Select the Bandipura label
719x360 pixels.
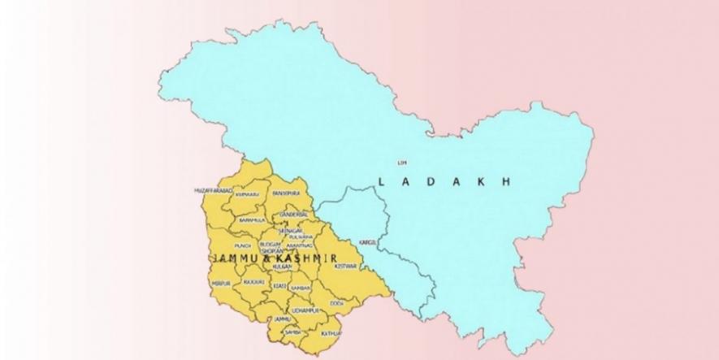[x=287, y=193]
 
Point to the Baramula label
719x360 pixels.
[x=252, y=220]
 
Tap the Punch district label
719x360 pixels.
[x=241, y=244]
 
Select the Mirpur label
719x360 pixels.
[x=222, y=282]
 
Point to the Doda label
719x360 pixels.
[x=337, y=303]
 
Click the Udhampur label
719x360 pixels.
[x=307, y=310]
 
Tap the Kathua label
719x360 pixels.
[x=331, y=334]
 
